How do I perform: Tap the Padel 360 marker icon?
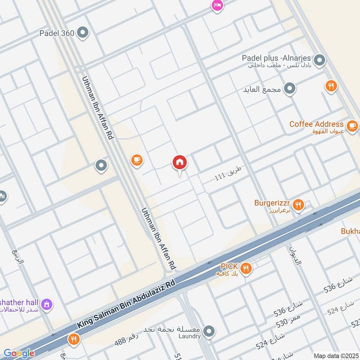(x=83, y=32)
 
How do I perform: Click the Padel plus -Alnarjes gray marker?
(x=319, y=60)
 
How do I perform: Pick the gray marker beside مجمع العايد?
(x=290, y=89)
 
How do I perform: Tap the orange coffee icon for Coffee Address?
(x=352, y=125)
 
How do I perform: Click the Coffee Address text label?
(x=316, y=124)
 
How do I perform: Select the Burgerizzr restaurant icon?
(x=298, y=205)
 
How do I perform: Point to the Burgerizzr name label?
(x=272, y=202)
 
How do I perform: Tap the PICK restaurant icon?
(x=246, y=269)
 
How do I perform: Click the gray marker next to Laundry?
(x=208, y=332)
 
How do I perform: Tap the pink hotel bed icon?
(x=217, y=5)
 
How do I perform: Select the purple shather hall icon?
(x=46, y=305)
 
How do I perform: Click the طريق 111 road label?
(x=228, y=174)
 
